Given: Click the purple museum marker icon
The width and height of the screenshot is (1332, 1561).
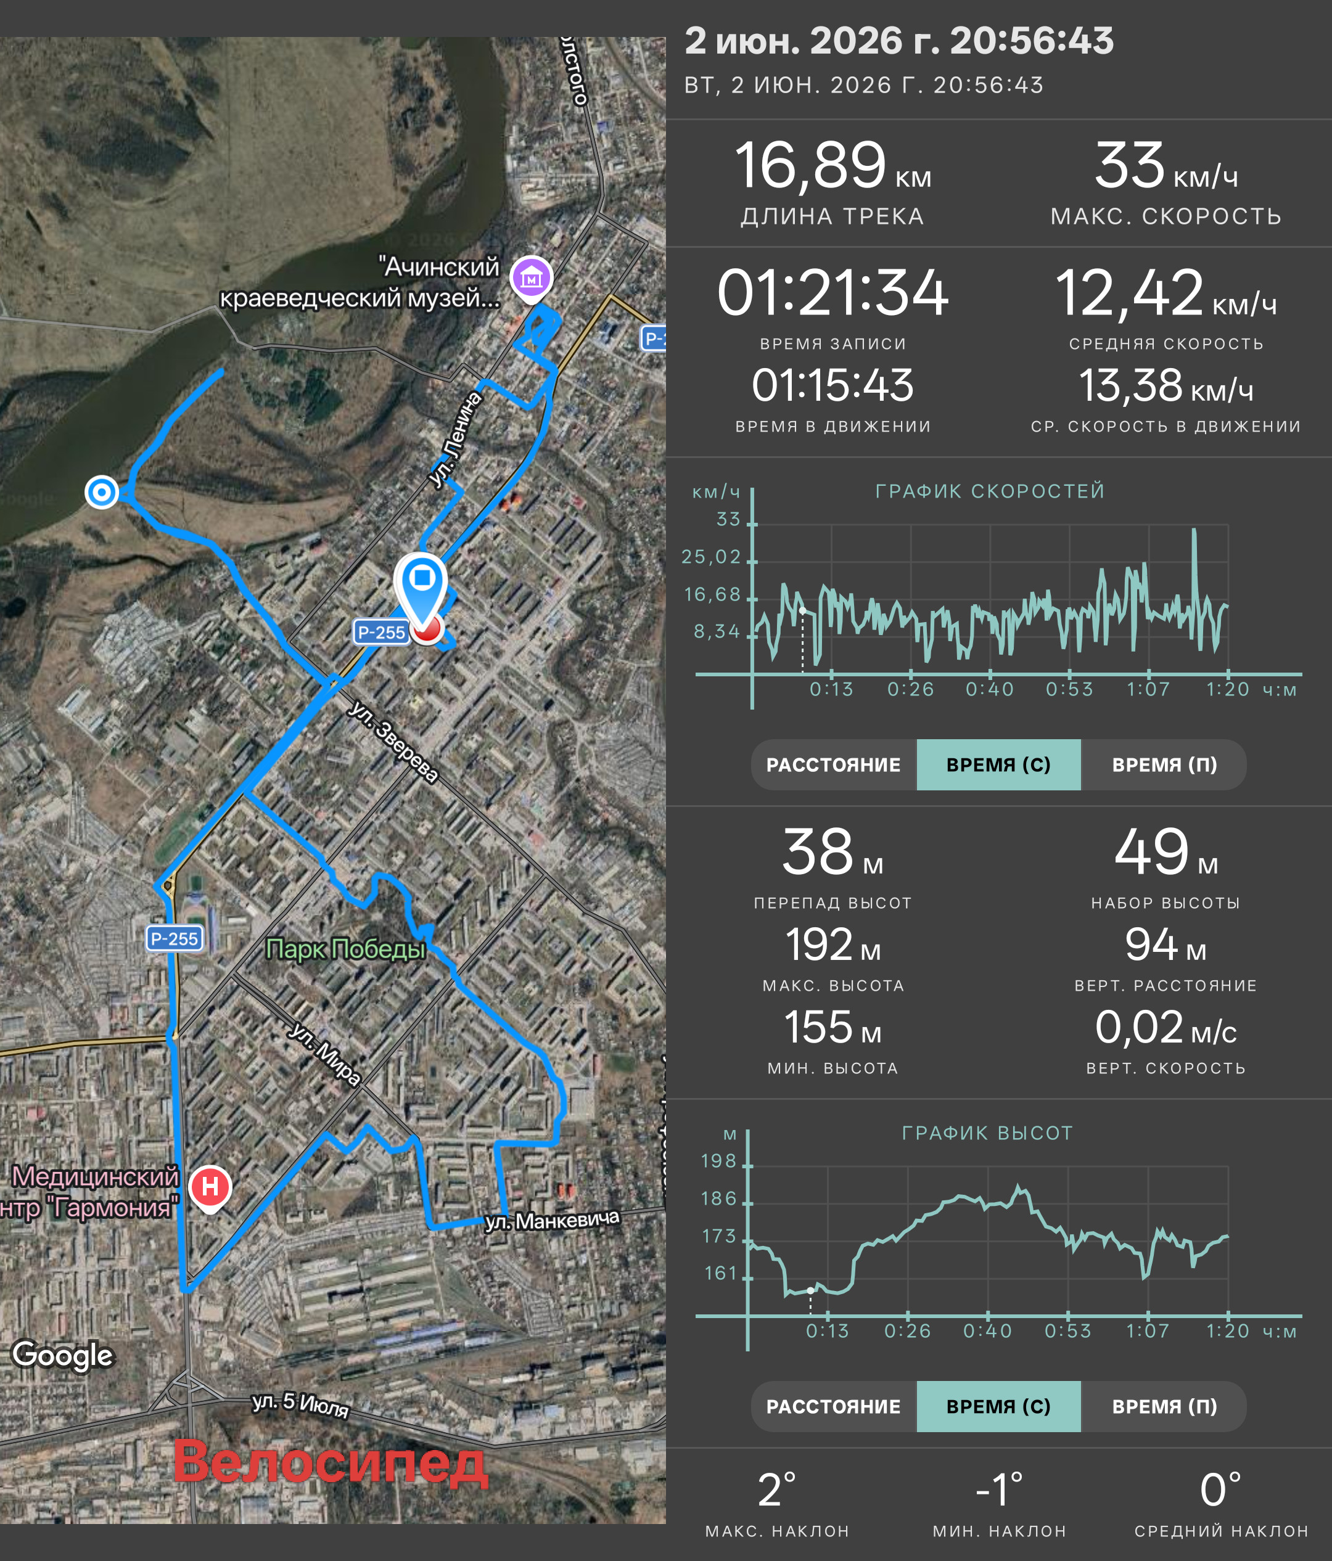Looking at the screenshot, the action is click(532, 279).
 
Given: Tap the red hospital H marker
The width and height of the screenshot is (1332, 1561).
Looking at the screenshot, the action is click(210, 1187).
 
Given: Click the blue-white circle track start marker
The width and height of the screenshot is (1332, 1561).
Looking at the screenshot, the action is click(102, 492).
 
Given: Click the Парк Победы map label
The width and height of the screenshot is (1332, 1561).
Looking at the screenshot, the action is click(346, 949).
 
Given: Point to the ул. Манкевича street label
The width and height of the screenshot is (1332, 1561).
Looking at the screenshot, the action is click(553, 1219).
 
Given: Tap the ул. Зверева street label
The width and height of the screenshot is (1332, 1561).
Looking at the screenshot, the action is click(393, 741).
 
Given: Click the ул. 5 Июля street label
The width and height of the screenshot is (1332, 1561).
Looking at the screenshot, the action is click(300, 1404).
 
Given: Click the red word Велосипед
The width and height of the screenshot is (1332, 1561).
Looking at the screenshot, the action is click(330, 1462).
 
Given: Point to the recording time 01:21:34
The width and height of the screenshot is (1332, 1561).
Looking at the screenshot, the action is click(832, 292).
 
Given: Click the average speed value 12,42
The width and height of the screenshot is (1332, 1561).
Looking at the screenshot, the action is click(1128, 292).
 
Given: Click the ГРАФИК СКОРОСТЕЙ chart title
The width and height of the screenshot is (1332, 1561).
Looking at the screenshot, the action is click(990, 491).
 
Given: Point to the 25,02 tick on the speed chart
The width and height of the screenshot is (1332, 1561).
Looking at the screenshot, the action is click(711, 557).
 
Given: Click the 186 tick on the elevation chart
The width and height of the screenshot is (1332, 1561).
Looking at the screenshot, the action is click(719, 1198).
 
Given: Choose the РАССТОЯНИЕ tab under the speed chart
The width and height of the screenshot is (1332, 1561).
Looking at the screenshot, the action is click(833, 764).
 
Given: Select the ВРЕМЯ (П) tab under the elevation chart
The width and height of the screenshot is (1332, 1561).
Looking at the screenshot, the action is click(1164, 1406).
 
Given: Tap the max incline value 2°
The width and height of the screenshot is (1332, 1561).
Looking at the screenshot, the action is click(777, 1489).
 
